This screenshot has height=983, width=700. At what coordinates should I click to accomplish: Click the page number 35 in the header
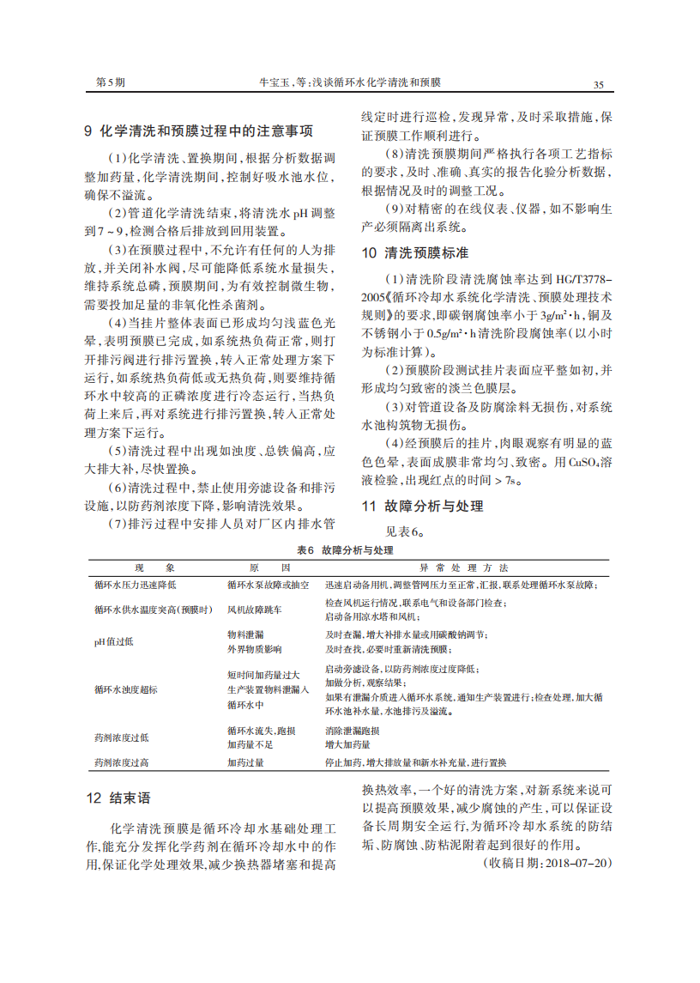coord(598,84)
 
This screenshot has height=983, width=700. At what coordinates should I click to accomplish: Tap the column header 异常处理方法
coord(463,568)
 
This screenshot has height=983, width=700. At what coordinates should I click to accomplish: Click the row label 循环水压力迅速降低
coord(135,585)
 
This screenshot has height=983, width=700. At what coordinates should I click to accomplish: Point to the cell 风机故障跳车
coord(254,609)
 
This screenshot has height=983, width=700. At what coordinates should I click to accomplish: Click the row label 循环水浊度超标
coord(126,689)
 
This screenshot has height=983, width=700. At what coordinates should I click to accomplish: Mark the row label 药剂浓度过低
coord(122,737)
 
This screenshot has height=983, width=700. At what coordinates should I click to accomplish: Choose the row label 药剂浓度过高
coord(122,762)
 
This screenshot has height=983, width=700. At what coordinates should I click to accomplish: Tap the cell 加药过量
coord(245,762)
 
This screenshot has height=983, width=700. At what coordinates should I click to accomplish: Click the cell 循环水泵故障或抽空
coord(268,585)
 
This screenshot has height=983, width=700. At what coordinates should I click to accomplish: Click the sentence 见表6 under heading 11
coord(406,531)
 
